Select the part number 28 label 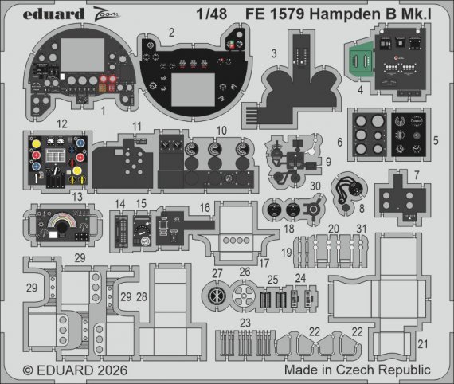point(142,296)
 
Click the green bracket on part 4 point(361,61)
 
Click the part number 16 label point(205,206)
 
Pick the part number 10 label point(221,130)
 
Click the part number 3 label point(272,53)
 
